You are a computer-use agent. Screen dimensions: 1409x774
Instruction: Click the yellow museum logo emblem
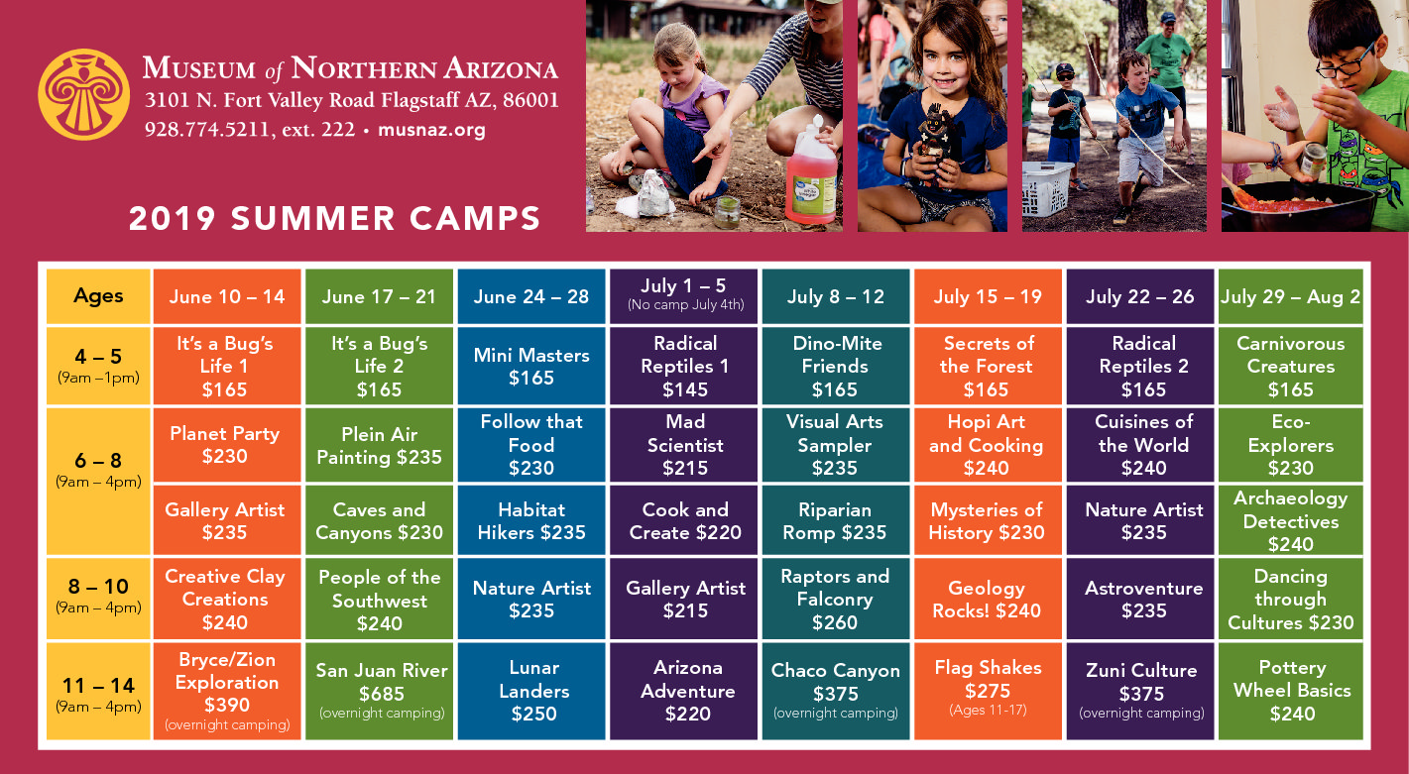(x=83, y=94)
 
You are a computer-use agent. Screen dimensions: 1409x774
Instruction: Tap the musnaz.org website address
(x=431, y=130)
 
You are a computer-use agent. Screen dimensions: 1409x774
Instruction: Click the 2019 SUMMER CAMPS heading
(x=334, y=218)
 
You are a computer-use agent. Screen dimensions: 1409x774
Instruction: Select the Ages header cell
(x=98, y=296)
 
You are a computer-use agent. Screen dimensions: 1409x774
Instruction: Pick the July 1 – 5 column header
(x=684, y=296)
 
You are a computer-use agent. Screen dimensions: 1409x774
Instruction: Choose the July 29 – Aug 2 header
(x=1291, y=296)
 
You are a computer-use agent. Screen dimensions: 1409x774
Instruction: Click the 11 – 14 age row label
(x=98, y=691)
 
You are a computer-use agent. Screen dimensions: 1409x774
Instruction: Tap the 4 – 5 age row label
(x=98, y=366)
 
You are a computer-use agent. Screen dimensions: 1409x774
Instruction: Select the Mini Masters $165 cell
(x=531, y=366)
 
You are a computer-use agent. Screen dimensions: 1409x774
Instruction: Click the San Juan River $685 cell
(x=380, y=691)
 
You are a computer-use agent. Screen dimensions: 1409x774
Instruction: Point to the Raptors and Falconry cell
(x=836, y=599)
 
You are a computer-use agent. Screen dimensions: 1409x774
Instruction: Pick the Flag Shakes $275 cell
(x=989, y=691)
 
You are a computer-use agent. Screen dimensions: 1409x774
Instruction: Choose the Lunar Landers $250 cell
(x=531, y=691)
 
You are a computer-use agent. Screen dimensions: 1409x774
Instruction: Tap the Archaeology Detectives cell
(x=1291, y=520)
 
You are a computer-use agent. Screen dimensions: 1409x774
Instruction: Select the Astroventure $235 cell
(x=1140, y=599)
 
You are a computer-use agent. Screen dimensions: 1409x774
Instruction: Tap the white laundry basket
(x=1047, y=188)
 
